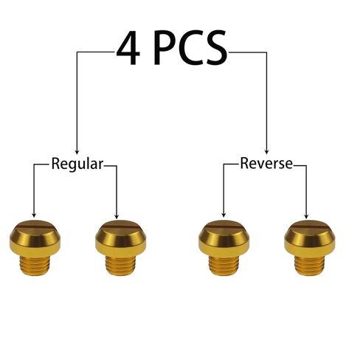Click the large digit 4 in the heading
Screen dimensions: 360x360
tap(128, 47)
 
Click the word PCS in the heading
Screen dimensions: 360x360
tap(190, 47)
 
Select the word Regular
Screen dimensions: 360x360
tap(77, 164)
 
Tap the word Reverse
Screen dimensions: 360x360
tap(266, 163)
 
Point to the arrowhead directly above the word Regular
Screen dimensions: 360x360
tap(77, 151)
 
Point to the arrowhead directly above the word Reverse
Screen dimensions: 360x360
tap(266, 151)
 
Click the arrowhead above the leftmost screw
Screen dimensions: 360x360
tap(34, 215)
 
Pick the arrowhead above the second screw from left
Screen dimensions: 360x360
tap(117, 215)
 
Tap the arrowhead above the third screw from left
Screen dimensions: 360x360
tap(224, 214)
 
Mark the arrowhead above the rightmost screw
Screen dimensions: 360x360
tap(306, 215)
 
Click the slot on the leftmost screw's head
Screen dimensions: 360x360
tap(35, 224)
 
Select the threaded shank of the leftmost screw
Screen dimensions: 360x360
tap(35, 265)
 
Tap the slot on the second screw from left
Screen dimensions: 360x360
tap(120, 224)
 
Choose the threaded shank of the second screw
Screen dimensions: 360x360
tap(121, 266)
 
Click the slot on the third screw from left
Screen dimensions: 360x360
tap(224, 224)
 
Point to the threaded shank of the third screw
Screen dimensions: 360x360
tap(224, 265)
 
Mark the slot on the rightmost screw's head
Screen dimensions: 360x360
tap(309, 224)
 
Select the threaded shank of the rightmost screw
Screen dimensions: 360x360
tap(310, 266)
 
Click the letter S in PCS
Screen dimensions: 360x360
tap(216, 47)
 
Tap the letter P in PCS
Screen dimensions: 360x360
tap(165, 47)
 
